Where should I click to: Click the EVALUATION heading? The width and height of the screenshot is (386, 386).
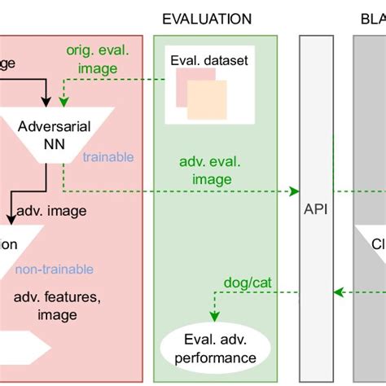[207, 19]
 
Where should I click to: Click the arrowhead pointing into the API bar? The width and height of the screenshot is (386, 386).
[295, 191]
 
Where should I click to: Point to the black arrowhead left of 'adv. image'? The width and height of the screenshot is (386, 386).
[11, 219]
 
